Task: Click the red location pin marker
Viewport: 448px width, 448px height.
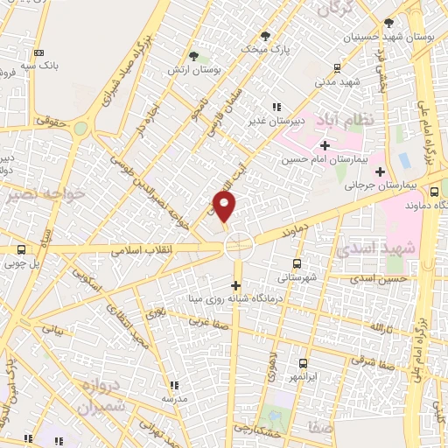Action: (225, 206)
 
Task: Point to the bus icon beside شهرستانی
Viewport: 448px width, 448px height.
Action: (297, 262)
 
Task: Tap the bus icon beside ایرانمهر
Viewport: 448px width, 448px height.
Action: (304, 363)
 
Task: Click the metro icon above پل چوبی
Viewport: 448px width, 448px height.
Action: (21, 248)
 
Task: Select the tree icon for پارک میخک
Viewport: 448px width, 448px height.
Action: (266, 37)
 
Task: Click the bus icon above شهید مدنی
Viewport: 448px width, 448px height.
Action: (339, 67)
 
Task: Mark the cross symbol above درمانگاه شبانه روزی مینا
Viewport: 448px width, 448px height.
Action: (234, 286)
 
